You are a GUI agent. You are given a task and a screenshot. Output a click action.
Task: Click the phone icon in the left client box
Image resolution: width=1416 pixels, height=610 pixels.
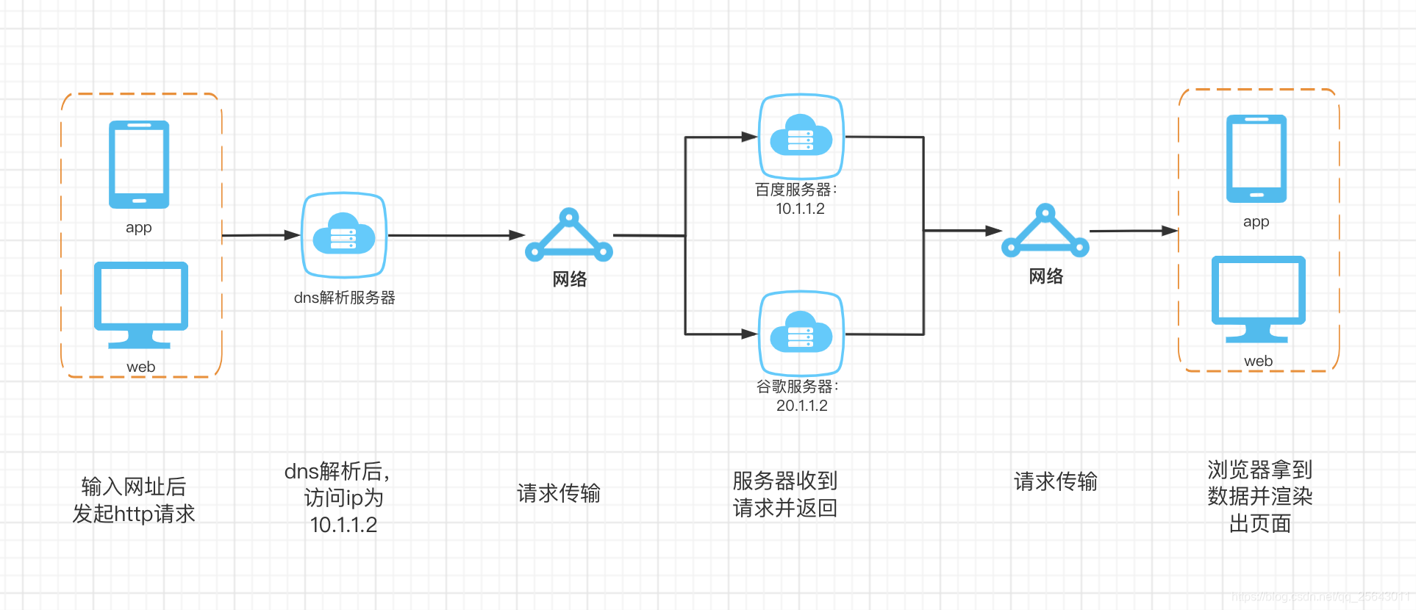(x=139, y=165)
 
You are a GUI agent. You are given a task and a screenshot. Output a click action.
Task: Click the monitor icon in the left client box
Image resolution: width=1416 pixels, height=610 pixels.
(x=140, y=304)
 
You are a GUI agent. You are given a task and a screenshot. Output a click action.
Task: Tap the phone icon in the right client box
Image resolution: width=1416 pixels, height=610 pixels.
(x=1256, y=159)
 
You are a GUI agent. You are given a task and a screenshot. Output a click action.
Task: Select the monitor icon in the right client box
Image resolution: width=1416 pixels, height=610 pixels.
(x=1258, y=298)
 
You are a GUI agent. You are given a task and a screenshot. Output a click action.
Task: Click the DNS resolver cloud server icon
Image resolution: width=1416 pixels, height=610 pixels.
(x=344, y=236)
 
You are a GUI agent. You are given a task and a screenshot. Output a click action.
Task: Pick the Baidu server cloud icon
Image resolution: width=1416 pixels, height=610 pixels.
(x=801, y=136)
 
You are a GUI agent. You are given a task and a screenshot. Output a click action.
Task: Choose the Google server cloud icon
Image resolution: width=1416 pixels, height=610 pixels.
(x=801, y=333)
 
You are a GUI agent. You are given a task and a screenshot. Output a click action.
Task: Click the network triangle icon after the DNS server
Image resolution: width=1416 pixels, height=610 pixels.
(x=568, y=236)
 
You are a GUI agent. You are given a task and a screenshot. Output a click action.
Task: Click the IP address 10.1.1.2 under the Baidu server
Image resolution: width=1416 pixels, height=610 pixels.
(x=800, y=209)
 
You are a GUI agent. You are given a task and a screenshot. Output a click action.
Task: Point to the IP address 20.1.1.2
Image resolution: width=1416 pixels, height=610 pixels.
(x=801, y=406)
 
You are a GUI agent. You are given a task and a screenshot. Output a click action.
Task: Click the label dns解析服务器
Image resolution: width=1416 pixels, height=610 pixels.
(x=344, y=298)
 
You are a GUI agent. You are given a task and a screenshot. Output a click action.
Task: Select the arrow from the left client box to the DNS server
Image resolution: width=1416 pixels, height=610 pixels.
(x=260, y=235)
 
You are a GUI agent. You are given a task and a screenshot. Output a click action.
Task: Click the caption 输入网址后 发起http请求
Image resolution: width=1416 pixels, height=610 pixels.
(x=134, y=500)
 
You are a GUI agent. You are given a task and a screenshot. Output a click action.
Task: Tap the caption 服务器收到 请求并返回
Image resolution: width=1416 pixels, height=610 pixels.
(x=784, y=494)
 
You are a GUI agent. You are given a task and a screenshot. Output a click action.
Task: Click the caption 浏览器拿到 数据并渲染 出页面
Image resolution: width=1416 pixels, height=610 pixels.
(x=1259, y=496)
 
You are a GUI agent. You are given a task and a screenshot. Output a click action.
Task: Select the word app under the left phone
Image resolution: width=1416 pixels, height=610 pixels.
(x=138, y=227)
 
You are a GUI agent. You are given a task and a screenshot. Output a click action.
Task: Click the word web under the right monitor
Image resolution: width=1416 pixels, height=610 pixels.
(x=1258, y=361)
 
